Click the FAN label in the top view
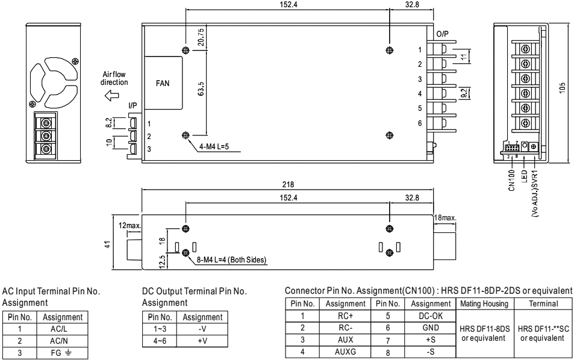point(163,84)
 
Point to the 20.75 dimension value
point(201,38)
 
